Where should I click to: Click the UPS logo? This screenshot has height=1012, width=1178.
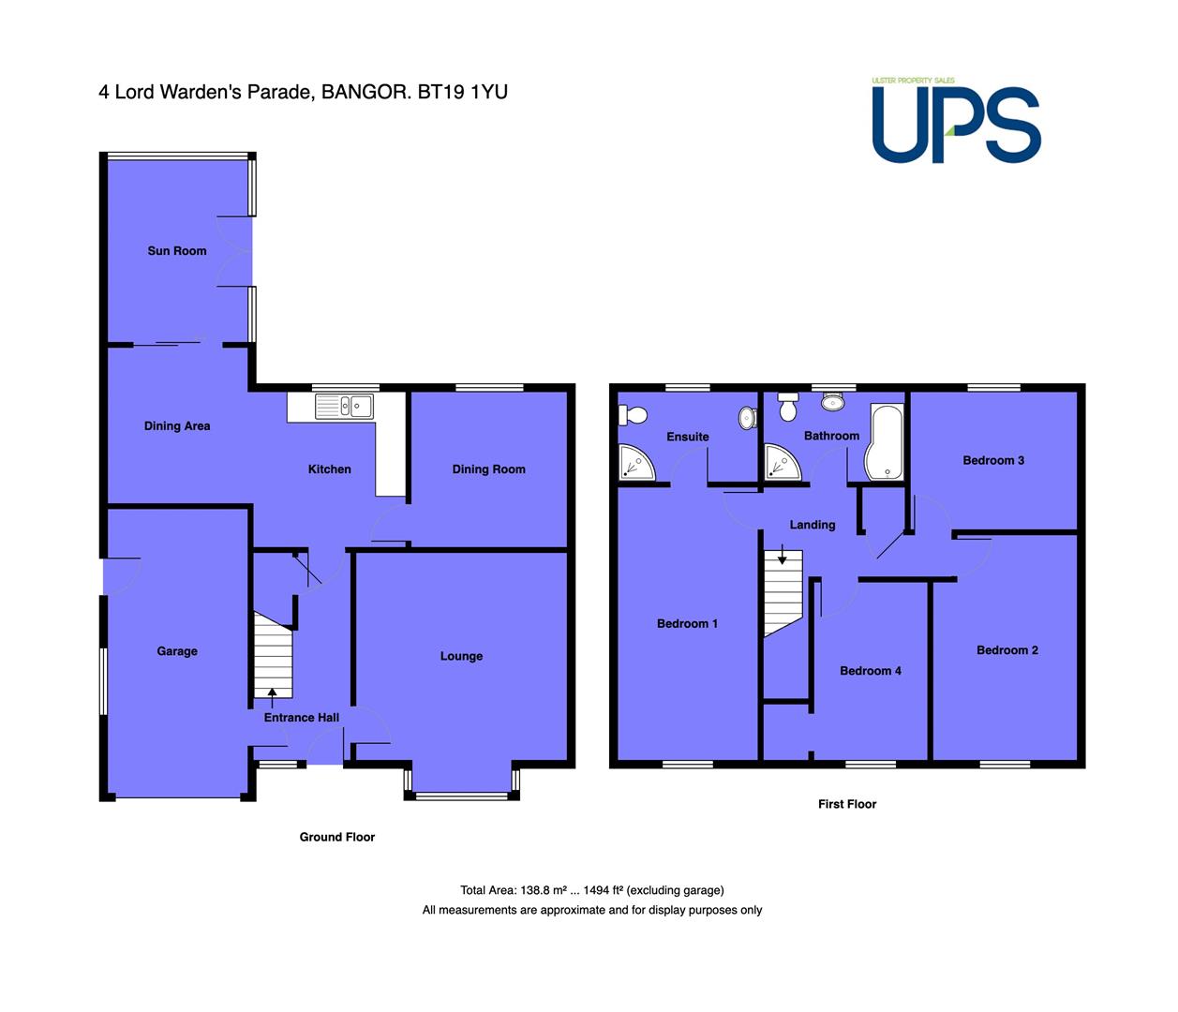point(956,122)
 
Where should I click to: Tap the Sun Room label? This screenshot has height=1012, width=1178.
point(177,251)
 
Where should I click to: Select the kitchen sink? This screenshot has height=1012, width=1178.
point(344,407)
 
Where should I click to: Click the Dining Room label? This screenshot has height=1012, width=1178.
point(488,469)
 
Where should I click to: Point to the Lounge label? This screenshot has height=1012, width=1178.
point(461,656)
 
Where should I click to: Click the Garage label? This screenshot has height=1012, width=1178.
point(177,650)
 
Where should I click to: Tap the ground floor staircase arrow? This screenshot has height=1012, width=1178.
point(272,697)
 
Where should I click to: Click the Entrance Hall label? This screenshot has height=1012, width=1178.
point(301,718)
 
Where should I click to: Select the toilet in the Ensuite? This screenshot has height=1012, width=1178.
point(633,415)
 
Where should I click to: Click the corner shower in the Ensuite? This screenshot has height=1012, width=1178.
point(635,462)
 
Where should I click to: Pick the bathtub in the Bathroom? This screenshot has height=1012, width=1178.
point(884,441)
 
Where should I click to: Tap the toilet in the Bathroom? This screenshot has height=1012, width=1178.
point(787,407)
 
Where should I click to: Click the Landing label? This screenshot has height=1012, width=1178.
point(813,525)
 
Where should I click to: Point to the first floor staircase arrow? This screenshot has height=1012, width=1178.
point(782,555)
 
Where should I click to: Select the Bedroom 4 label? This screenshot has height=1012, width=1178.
point(871,671)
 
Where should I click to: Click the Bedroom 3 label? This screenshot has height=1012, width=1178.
point(993,460)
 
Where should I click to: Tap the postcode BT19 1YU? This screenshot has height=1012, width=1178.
point(462,92)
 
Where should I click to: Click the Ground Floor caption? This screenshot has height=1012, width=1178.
point(336,837)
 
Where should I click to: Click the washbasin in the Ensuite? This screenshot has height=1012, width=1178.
point(747,418)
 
